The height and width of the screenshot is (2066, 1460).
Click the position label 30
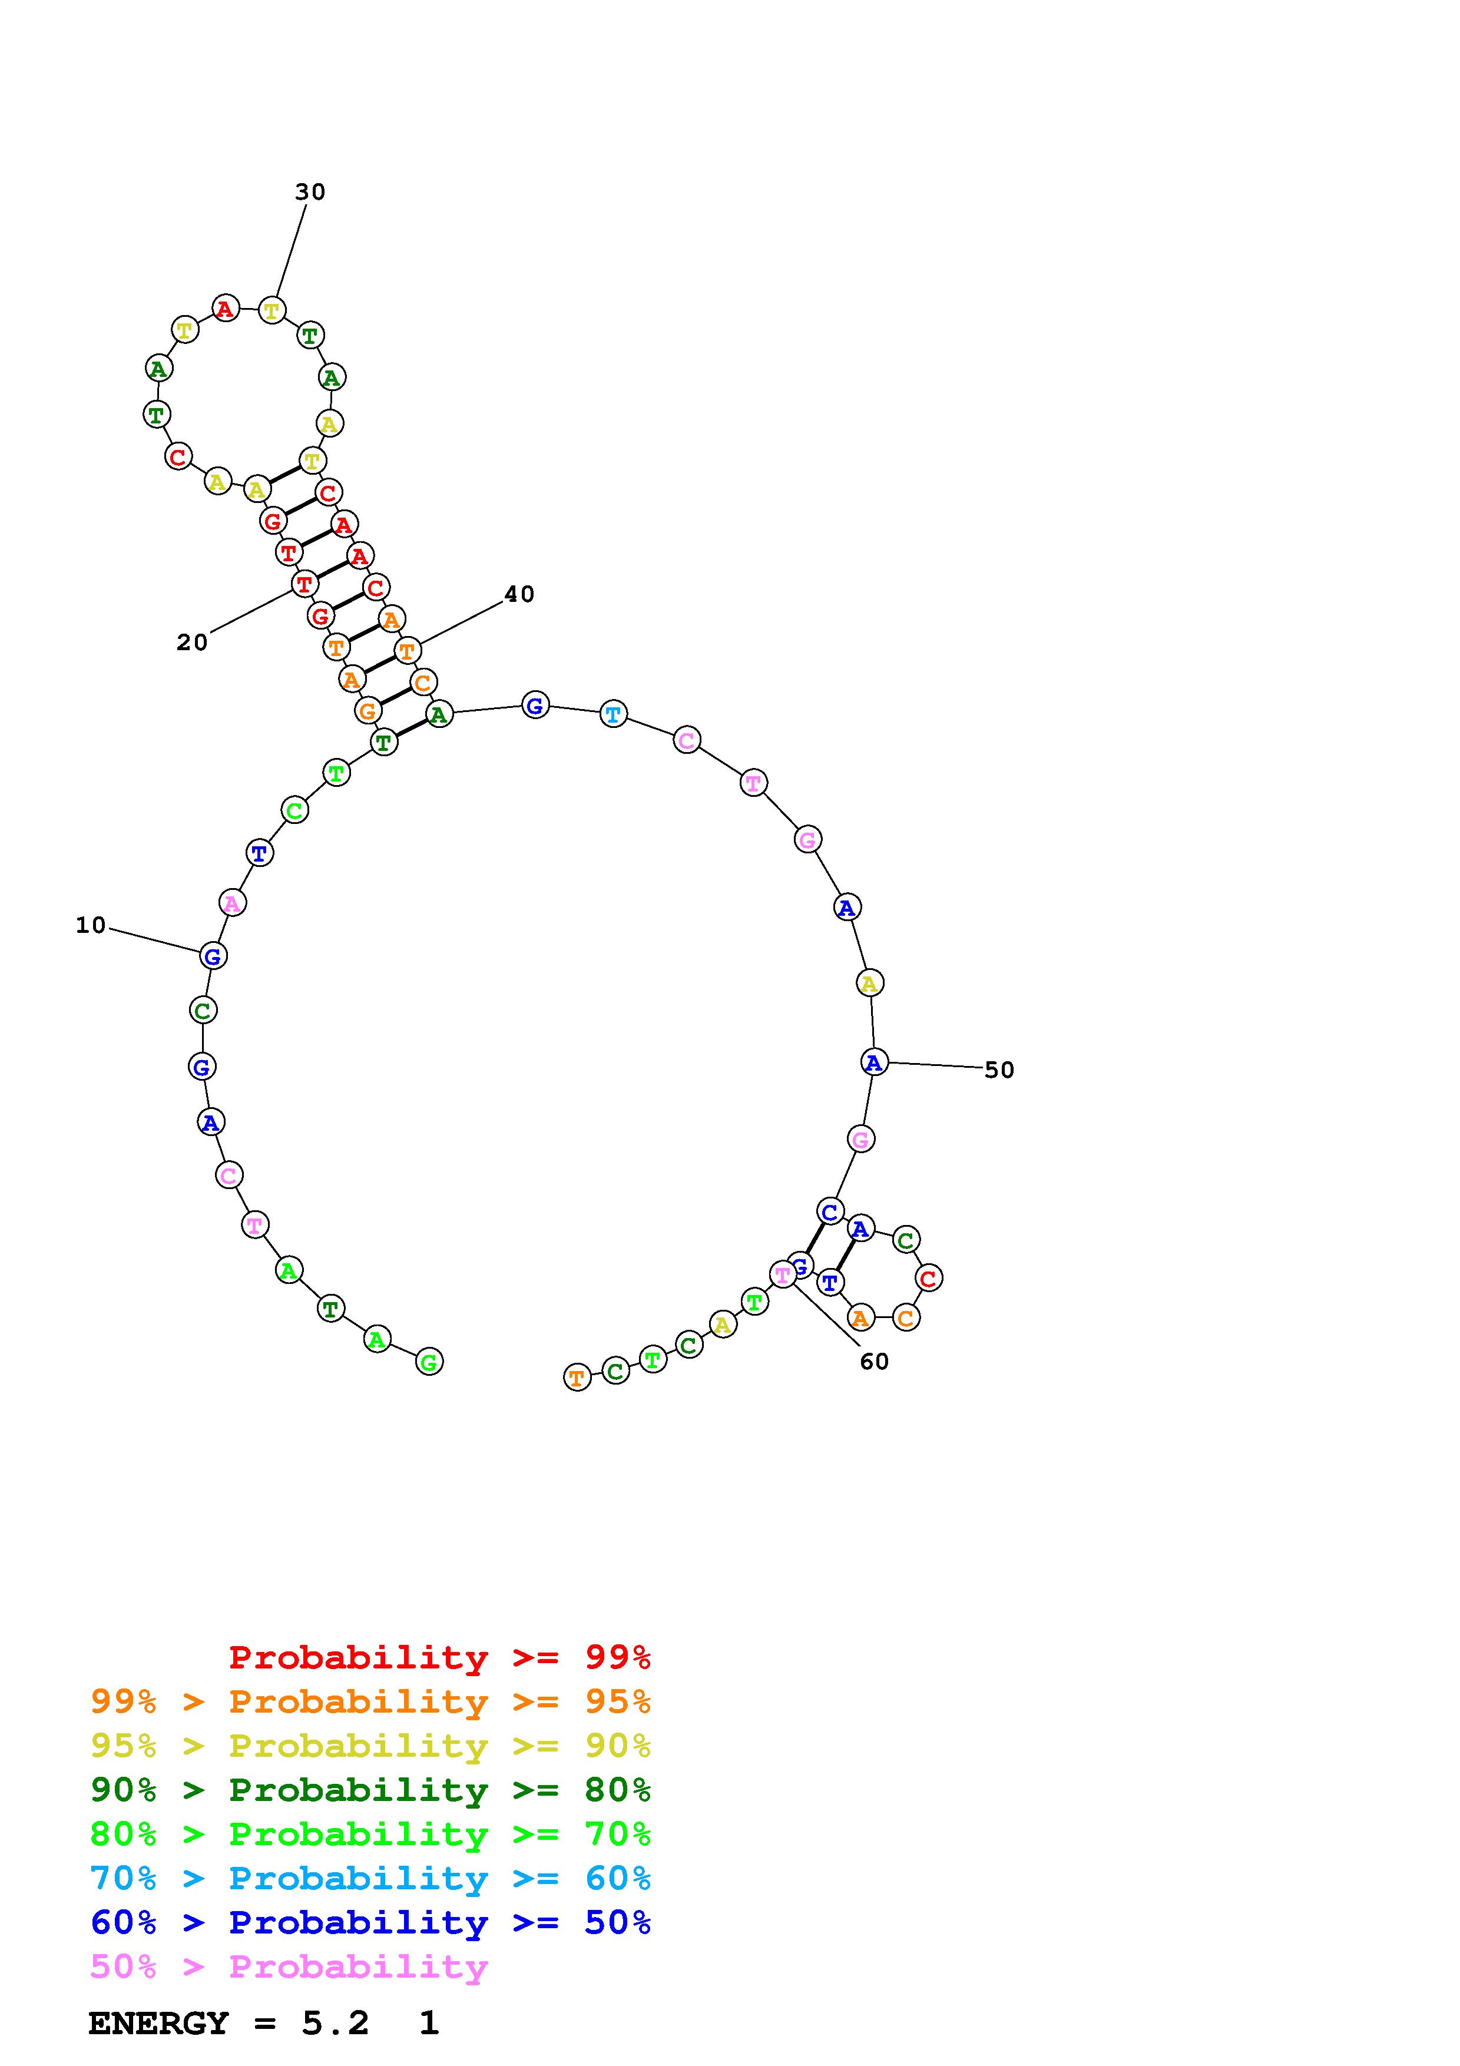pyautogui.click(x=310, y=191)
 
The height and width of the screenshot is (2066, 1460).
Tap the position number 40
pyautogui.click(x=519, y=594)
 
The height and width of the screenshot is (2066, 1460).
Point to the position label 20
pyautogui.click(x=191, y=643)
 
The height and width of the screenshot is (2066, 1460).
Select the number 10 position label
pyautogui.click(x=91, y=925)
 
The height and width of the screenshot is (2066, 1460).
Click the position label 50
pyautogui.click(x=999, y=1070)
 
